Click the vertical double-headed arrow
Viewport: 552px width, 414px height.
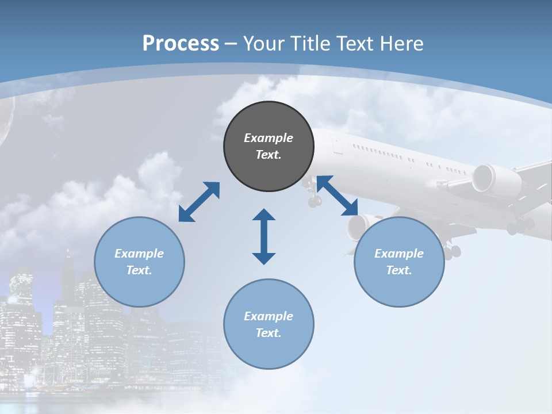(264, 236)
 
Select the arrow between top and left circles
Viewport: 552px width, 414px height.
(199, 202)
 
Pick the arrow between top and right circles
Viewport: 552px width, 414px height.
(337, 195)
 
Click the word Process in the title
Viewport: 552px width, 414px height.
(181, 43)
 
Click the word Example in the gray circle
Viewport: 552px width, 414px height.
(269, 138)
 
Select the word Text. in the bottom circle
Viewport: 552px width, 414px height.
(269, 333)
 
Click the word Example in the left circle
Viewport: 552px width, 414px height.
(139, 254)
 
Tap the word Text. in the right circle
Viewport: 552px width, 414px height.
(399, 270)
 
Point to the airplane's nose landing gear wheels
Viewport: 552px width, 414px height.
(315, 201)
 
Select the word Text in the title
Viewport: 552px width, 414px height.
(356, 43)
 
